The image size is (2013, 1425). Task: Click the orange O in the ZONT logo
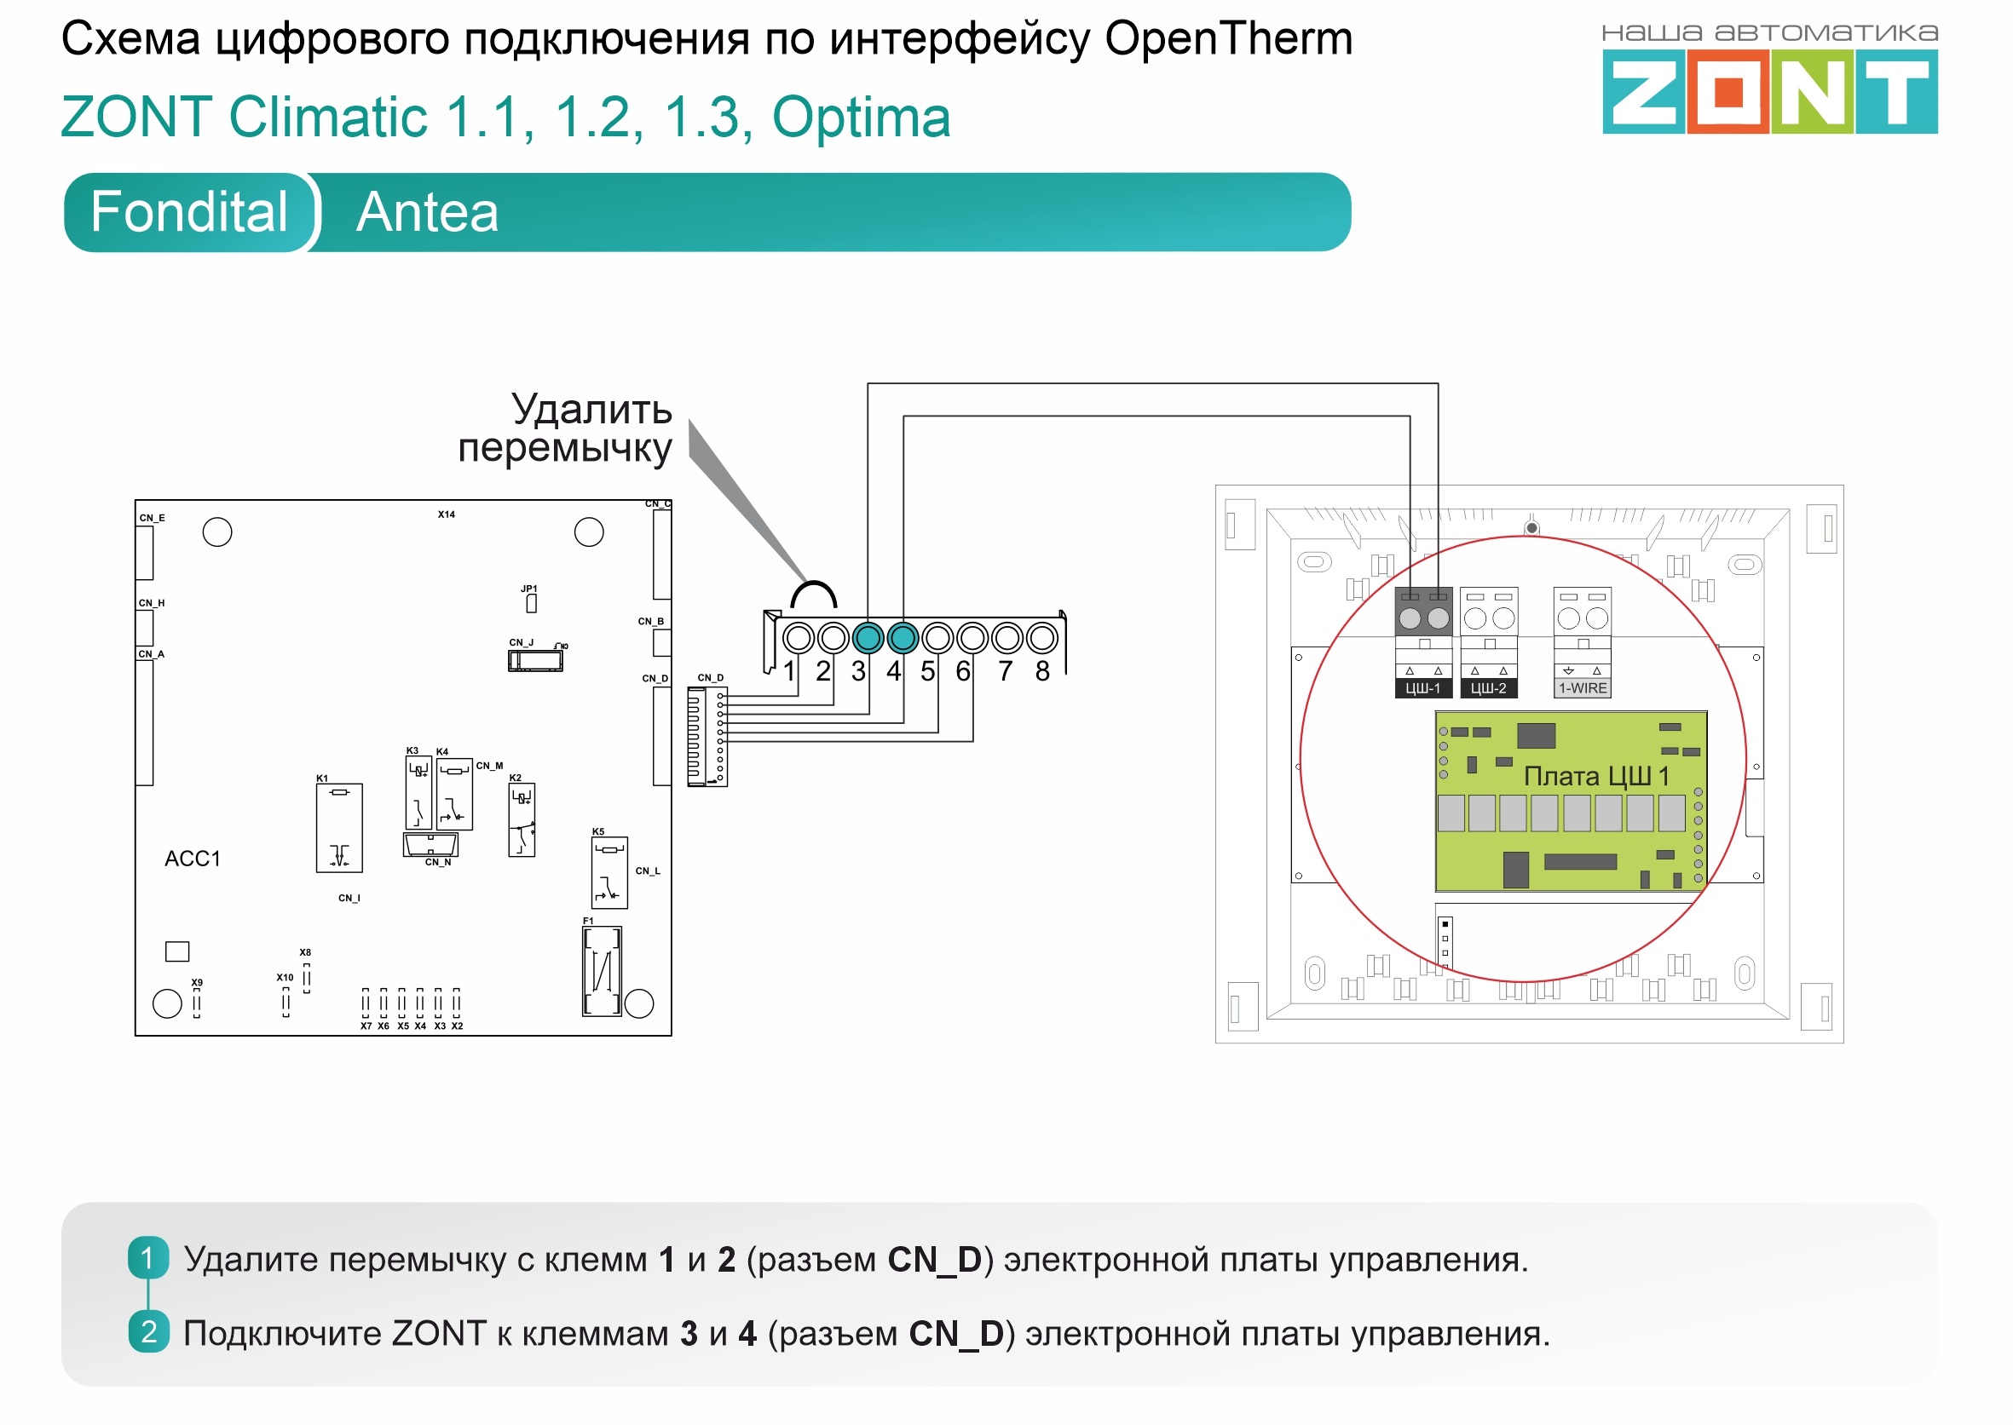1727,92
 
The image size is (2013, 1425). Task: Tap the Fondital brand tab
188,212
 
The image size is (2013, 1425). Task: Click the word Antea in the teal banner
428,212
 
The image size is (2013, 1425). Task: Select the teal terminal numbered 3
868,638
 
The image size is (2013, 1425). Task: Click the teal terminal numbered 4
903,638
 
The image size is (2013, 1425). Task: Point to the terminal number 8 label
1042,672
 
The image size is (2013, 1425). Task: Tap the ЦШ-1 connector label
1423,689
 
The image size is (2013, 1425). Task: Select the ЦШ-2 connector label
1488,689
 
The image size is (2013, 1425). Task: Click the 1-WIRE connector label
1583,689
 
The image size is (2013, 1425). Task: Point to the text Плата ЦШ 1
1596,777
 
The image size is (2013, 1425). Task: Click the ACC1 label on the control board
193,859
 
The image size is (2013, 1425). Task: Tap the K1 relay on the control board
339,827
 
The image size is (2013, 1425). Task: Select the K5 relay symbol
609,872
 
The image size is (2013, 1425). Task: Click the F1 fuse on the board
603,971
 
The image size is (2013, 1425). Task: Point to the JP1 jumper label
528,589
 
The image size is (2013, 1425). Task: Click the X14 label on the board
446,515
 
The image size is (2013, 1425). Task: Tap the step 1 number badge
147,1258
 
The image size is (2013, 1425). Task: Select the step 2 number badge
148,1332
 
